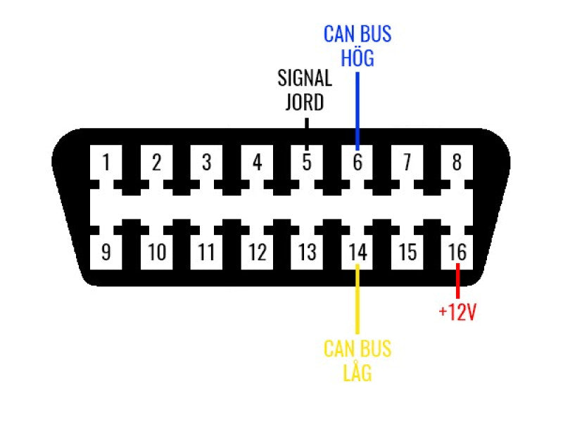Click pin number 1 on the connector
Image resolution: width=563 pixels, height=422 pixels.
(106, 163)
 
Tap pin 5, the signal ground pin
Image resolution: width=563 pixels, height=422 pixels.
(307, 163)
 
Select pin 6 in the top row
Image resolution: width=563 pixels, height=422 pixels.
(357, 163)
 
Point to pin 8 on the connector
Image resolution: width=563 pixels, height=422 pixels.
(457, 163)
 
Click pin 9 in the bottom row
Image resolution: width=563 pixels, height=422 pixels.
(106, 252)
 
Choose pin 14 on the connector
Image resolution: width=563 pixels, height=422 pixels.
(357, 252)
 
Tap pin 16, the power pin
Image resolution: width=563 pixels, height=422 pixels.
(457, 252)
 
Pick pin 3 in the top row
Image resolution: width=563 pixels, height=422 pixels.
(206, 163)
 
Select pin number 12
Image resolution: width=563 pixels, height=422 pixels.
(257, 252)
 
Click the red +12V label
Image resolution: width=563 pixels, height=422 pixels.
(457, 312)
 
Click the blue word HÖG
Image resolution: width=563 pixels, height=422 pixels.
(357, 58)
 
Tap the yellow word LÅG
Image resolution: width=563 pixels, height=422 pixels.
(357, 372)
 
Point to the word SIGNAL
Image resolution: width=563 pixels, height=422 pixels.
(305, 77)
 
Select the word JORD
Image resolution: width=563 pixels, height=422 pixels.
(305, 102)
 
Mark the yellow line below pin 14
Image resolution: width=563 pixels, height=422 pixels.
(357, 299)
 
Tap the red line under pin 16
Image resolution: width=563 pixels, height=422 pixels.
(457, 280)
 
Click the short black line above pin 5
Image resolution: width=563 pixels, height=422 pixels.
(307, 122)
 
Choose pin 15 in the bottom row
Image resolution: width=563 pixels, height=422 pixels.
(407, 252)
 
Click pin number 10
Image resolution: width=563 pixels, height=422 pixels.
(156, 252)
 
